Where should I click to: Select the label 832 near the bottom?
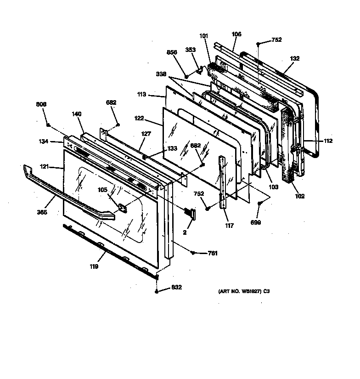(x=176, y=288)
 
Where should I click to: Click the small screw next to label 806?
(x=48, y=124)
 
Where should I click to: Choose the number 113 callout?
(x=141, y=95)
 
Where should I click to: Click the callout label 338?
(x=161, y=74)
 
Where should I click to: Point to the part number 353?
(x=190, y=50)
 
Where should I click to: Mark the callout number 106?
(x=236, y=34)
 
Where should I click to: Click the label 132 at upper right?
(x=294, y=58)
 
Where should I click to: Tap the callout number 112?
(x=327, y=141)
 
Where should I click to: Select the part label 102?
(x=300, y=196)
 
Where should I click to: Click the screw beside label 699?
(x=260, y=203)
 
